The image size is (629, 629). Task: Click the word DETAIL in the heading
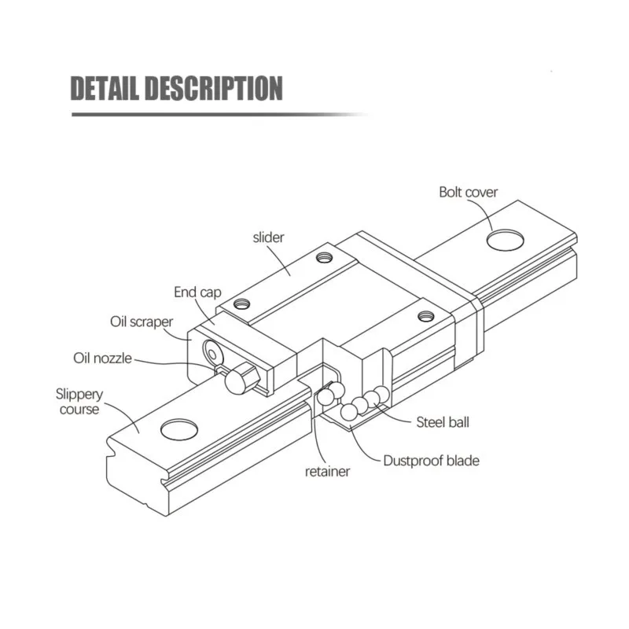[x=107, y=89]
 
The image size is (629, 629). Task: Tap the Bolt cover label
[x=468, y=192]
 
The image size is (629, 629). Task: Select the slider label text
[x=268, y=237]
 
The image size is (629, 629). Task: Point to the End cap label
[x=197, y=292]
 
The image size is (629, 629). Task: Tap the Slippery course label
[x=77, y=401]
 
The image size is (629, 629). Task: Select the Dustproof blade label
[x=430, y=461]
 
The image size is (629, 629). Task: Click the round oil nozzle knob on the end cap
[x=236, y=381]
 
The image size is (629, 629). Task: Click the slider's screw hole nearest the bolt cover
[x=426, y=315]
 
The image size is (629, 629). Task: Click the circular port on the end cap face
[x=212, y=351]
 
